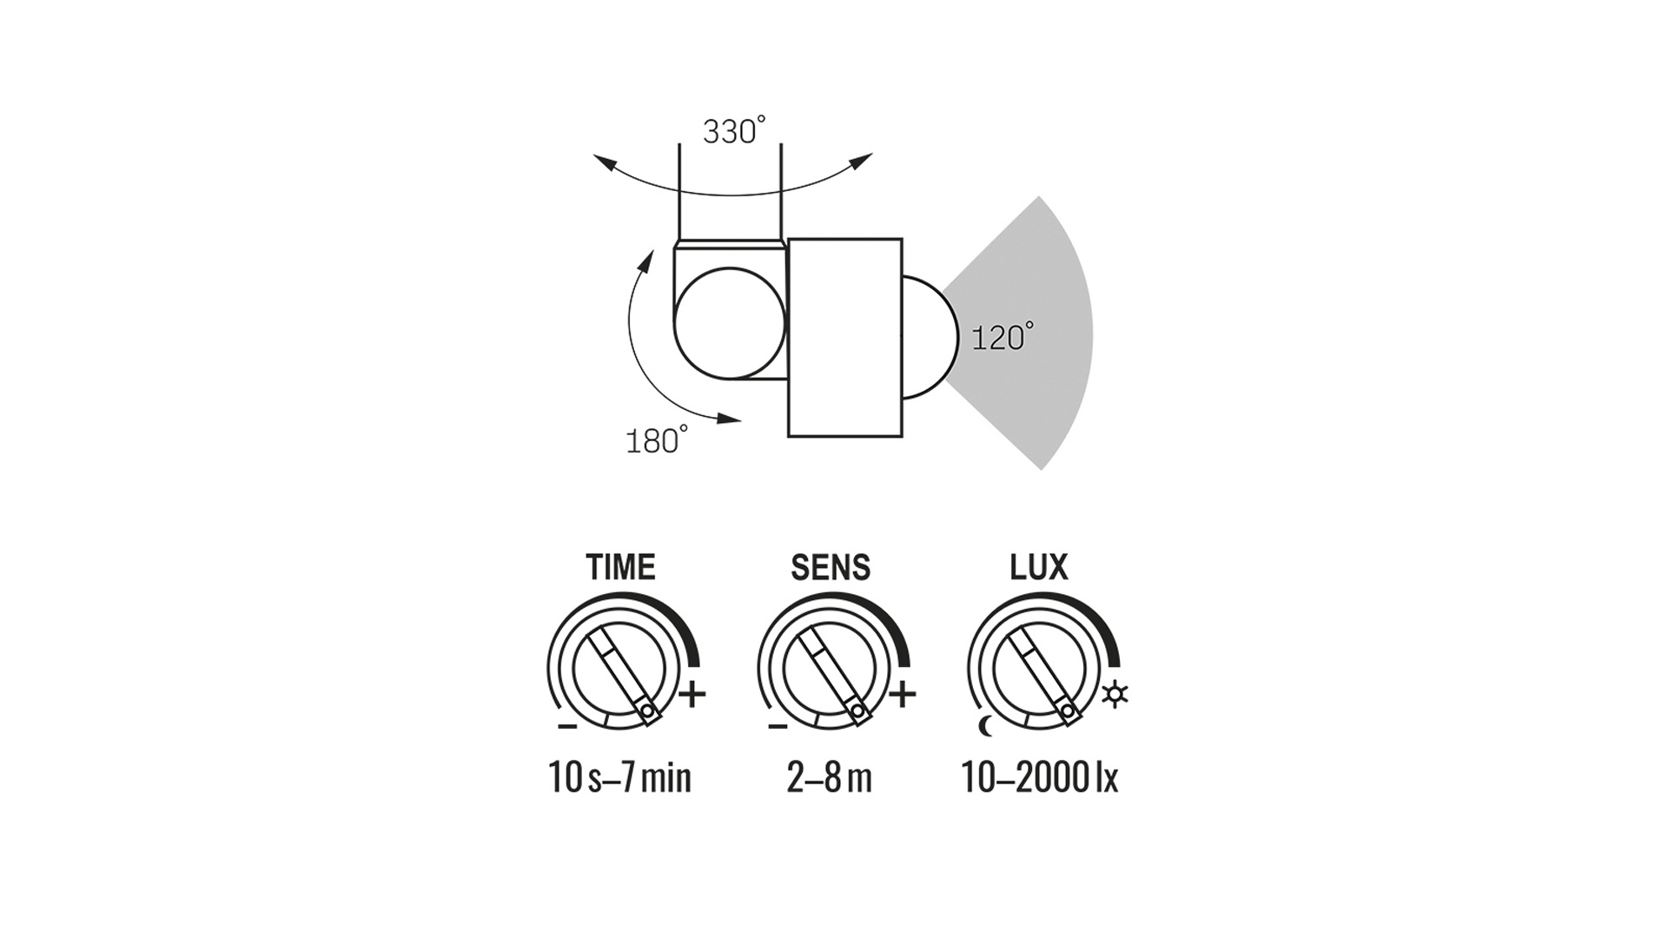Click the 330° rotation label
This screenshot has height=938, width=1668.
[x=735, y=131]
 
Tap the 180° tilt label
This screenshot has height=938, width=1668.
[x=657, y=440]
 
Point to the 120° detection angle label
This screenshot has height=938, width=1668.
[x=1003, y=336]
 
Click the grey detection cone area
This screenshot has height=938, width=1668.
[x=1034, y=334]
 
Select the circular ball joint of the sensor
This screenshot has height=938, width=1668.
[x=730, y=323]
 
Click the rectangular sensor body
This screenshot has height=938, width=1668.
[x=844, y=337]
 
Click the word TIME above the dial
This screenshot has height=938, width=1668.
[x=620, y=567]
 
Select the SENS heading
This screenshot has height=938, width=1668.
[x=831, y=567]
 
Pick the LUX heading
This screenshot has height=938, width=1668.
[x=1038, y=567]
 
